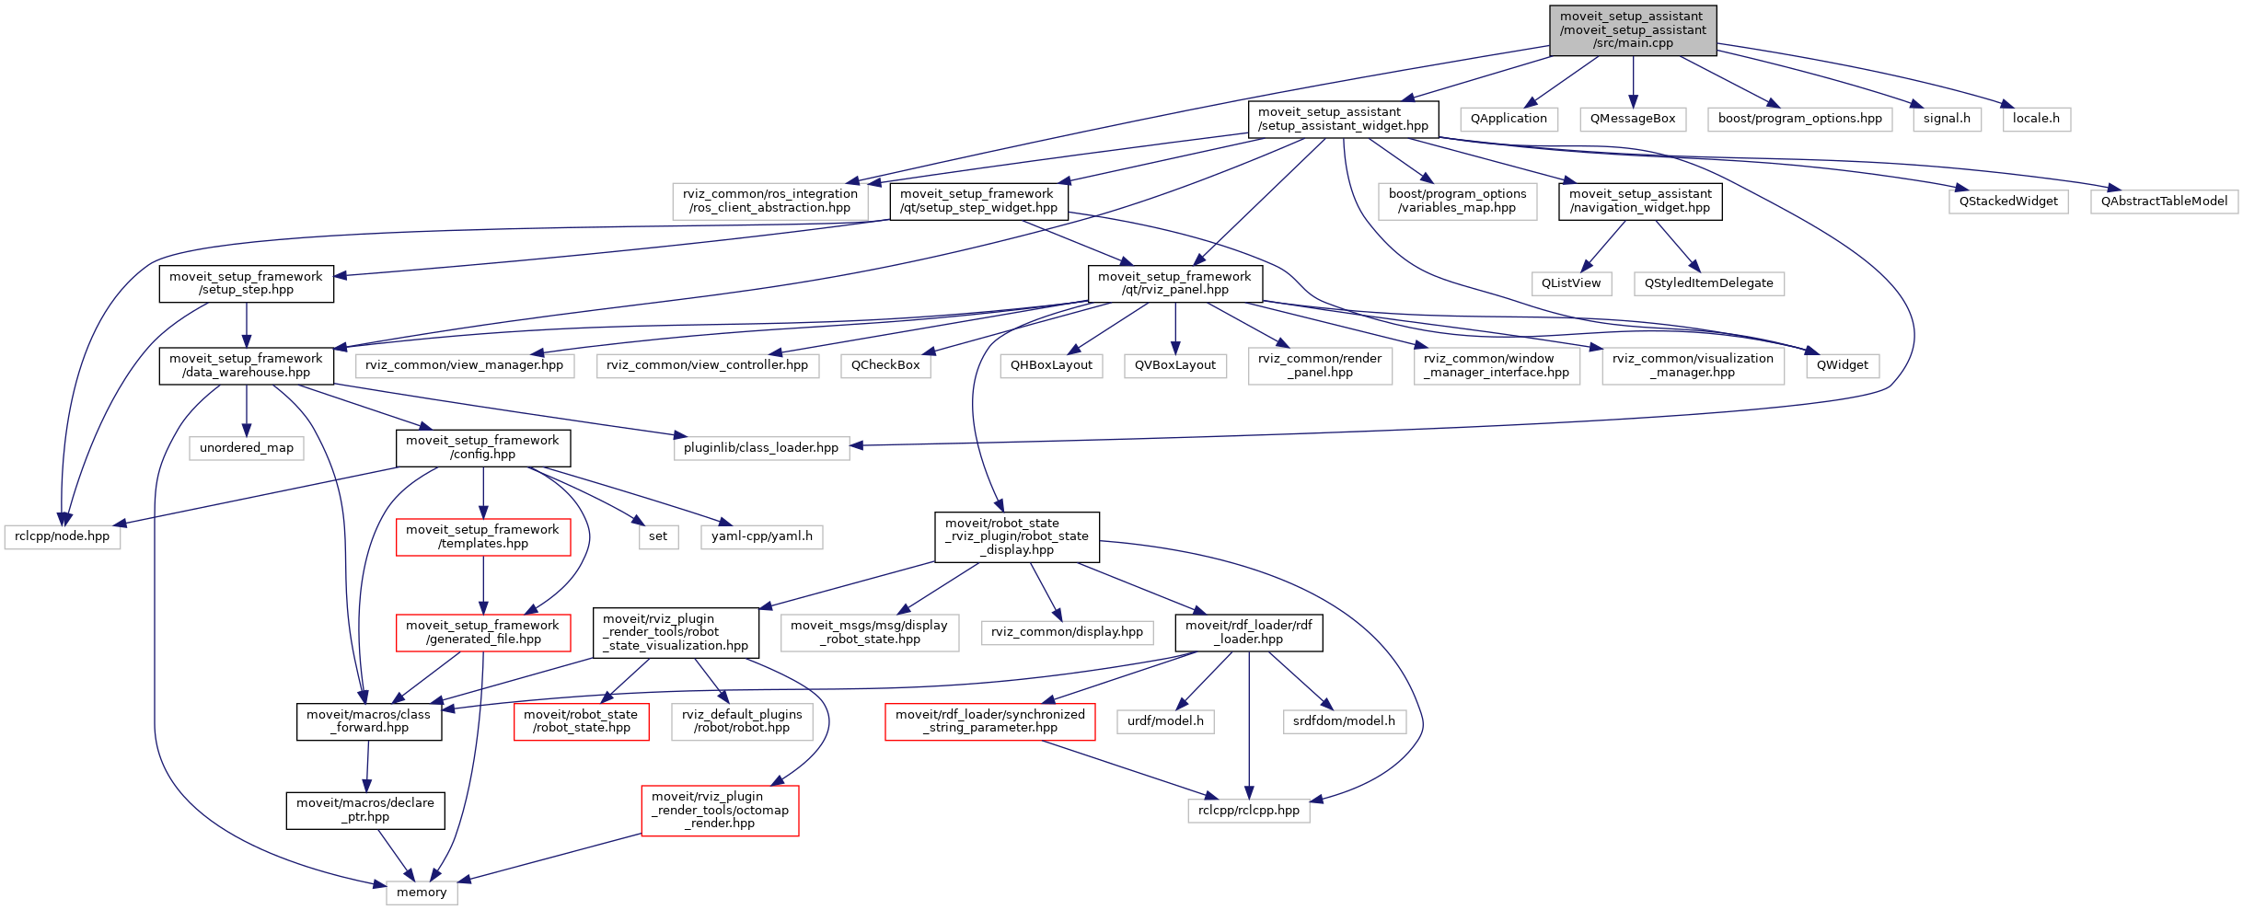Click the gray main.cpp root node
click(x=1633, y=30)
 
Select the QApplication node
click(x=1509, y=119)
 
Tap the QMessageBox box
click(x=1633, y=119)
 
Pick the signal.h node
click(x=1947, y=119)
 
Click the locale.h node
click(x=2036, y=119)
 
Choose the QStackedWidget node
click(x=2008, y=202)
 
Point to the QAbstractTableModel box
click(x=2164, y=202)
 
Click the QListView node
click(x=1571, y=283)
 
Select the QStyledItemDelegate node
click(x=1708, y=283)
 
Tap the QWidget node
click(x=1842, y=365)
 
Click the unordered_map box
click(x=247, y=448)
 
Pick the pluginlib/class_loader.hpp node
click(x=761, y=448)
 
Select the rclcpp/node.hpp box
click(x=63, y=536)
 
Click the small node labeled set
click(x=658, y=536)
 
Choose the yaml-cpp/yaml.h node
click(x=761, y=536)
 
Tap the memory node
click(x=422, y=893)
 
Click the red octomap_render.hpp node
click(x=720, y=811)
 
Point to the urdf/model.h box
click(x=1165, y=721)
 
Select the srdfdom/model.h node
click(x=1344, y=721)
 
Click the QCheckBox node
click(x=885, y=365)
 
